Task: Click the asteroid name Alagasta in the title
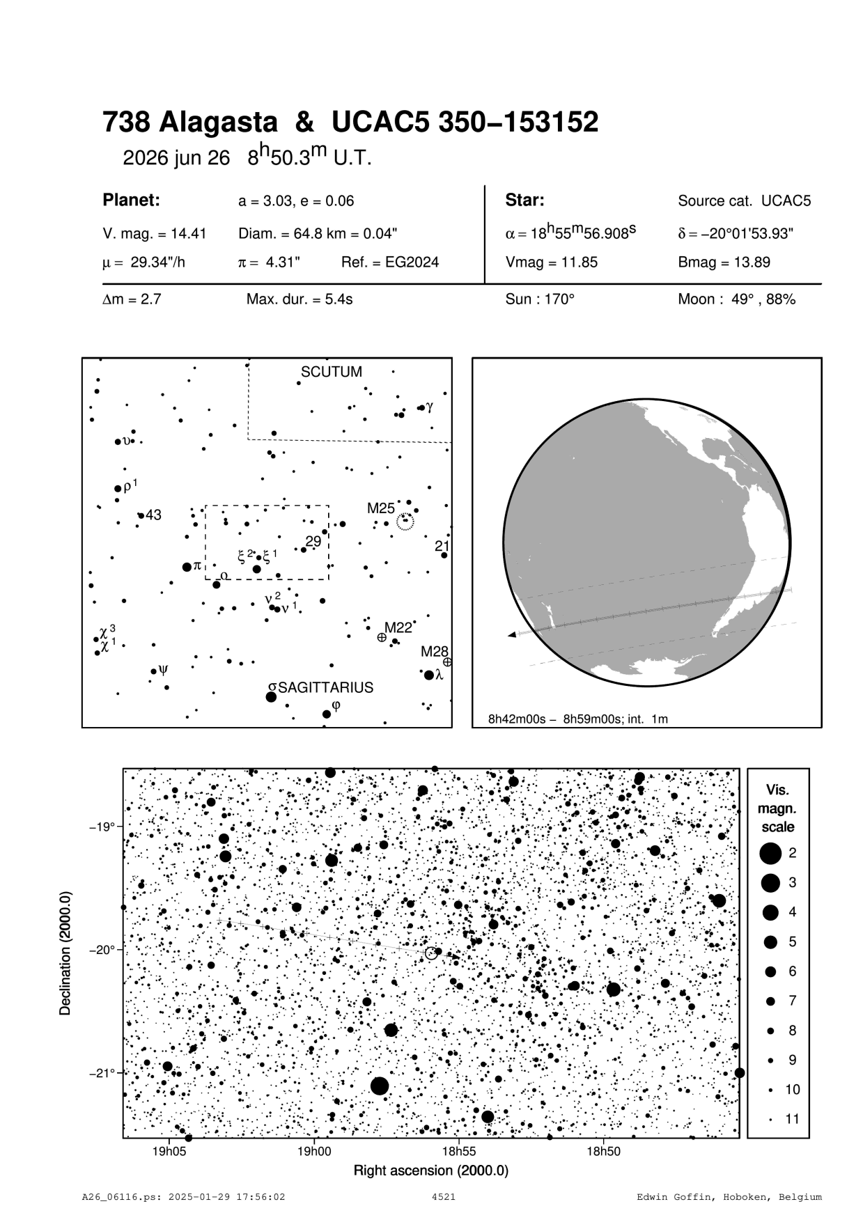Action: tap(218, 123)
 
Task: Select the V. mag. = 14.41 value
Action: tap(154, 234)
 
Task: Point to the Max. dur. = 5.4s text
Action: tap(299, 300)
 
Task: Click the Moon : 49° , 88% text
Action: tap(736, 300)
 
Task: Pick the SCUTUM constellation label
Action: tap(332, 372)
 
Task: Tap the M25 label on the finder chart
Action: tap(381, 508)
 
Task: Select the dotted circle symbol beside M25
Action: tap(405, 521)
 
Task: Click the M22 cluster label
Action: tap(398, 627)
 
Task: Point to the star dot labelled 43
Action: tap(141, 515)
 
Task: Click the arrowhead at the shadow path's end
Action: tap(513, 634)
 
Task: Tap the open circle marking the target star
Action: tap(431, 953)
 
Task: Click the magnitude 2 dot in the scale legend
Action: tap(770, 852)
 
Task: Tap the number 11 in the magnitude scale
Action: tap(793, 1119)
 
